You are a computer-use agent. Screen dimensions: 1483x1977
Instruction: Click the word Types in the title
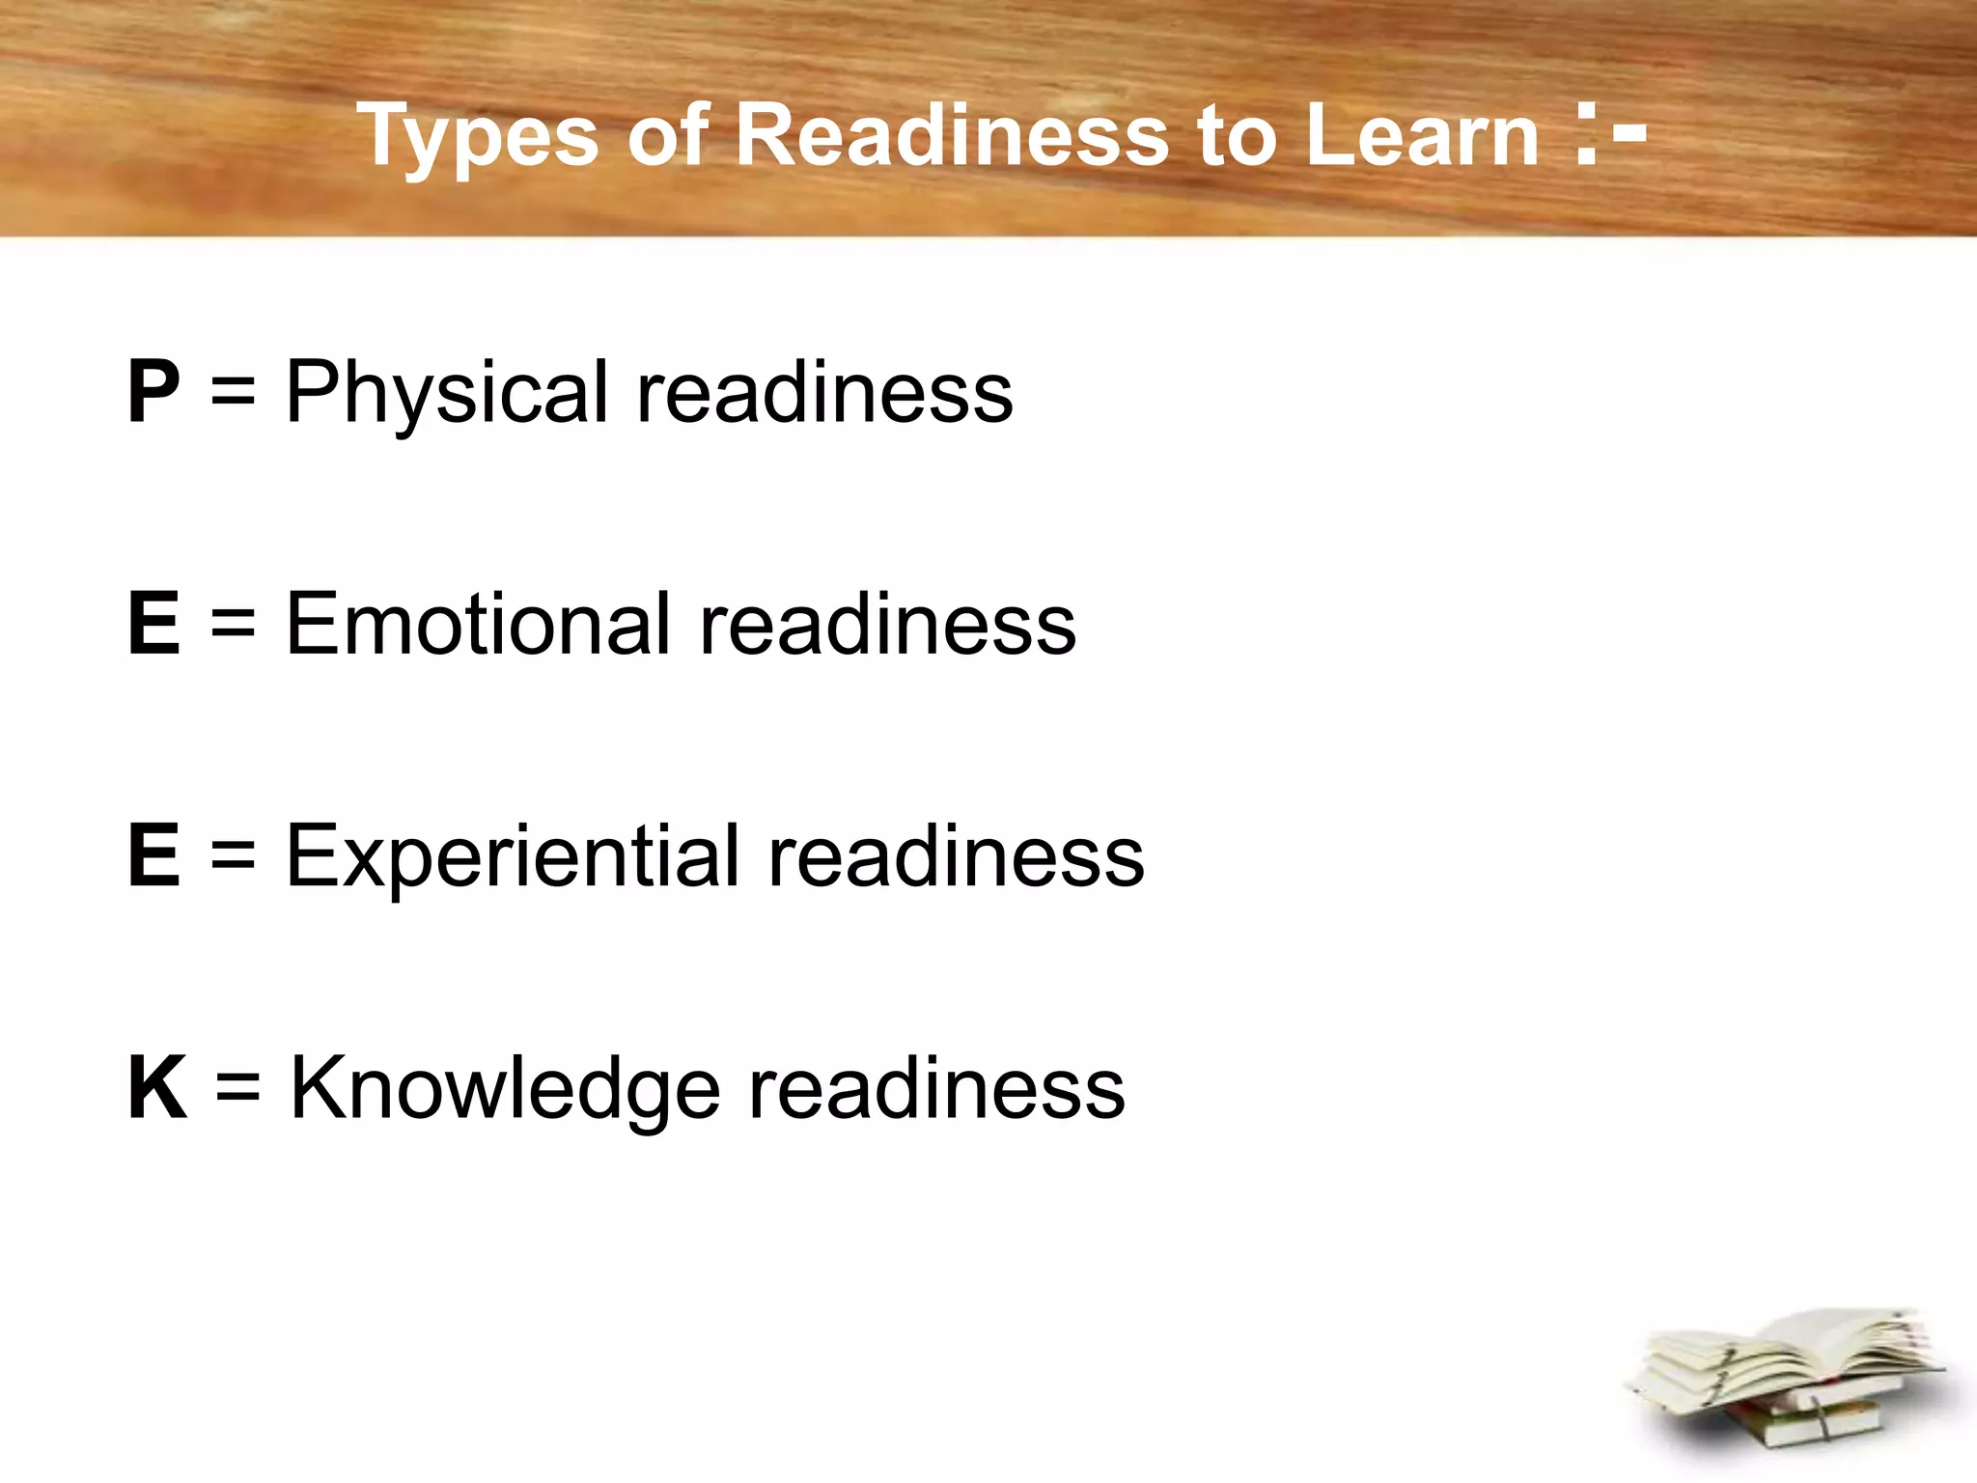pos(479,138)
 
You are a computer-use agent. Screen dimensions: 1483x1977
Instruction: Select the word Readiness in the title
pos(952,136)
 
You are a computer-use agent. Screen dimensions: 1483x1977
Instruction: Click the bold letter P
pos(153,391)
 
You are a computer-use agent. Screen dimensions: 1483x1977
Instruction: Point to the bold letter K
pos(157,1088)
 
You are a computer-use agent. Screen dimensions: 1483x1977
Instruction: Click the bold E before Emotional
pos(153,624)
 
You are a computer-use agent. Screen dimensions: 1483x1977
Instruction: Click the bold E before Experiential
pos(153,855)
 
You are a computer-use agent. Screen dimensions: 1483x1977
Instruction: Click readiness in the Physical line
pos(824,392)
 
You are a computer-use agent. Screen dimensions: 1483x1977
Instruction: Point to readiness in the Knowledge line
pos(936,1089)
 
